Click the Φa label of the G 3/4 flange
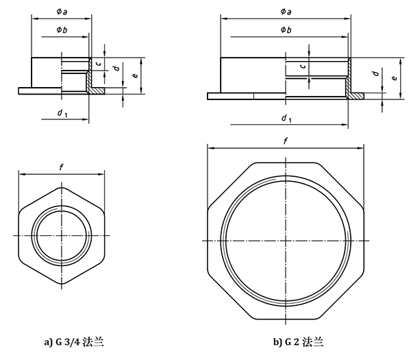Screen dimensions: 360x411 (x=60, y=9)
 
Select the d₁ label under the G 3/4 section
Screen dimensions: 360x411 (x=62, y=112)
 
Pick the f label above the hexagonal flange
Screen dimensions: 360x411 (x=62, y=166)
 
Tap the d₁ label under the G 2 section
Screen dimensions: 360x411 (x=286, y=118)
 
